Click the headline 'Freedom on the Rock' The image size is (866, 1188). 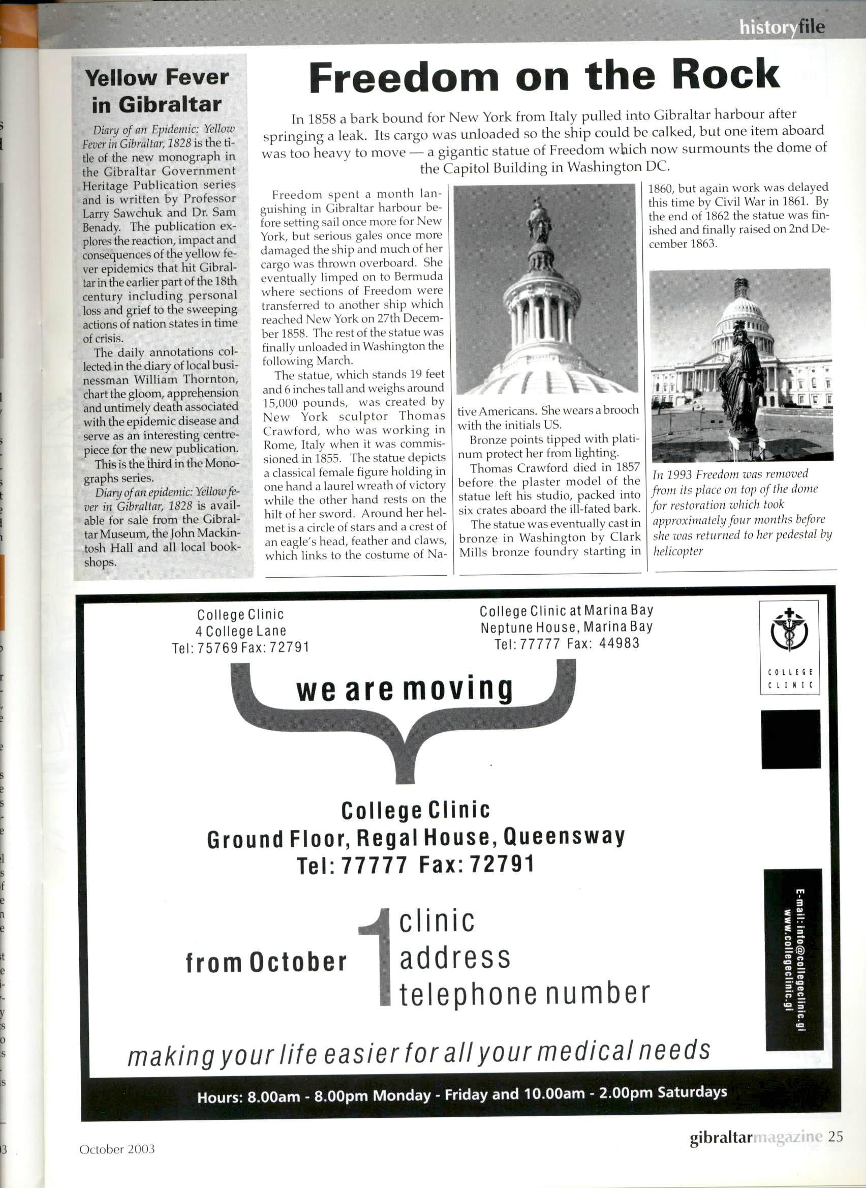[x=544, y=77]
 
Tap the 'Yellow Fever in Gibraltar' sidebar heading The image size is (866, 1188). [x=157, y=91]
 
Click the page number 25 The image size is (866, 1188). [x=836, y=1137]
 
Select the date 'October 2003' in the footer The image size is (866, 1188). [x=117, y=1149]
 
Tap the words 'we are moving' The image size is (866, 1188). [x=404, y=690]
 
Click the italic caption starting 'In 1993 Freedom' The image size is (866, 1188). [x=741, y=512]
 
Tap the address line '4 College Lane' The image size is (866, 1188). [x=240, y=631]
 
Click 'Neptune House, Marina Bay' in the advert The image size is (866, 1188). [x=567, y=627]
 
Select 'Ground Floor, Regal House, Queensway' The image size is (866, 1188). [x=416, y=838]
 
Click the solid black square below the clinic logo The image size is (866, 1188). [x=790, y=739]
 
